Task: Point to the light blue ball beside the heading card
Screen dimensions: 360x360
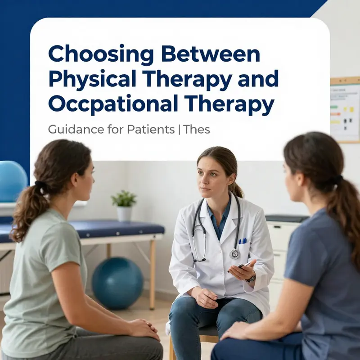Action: tap(11, 180)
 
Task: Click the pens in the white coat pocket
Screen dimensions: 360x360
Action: tap(243, 241)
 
